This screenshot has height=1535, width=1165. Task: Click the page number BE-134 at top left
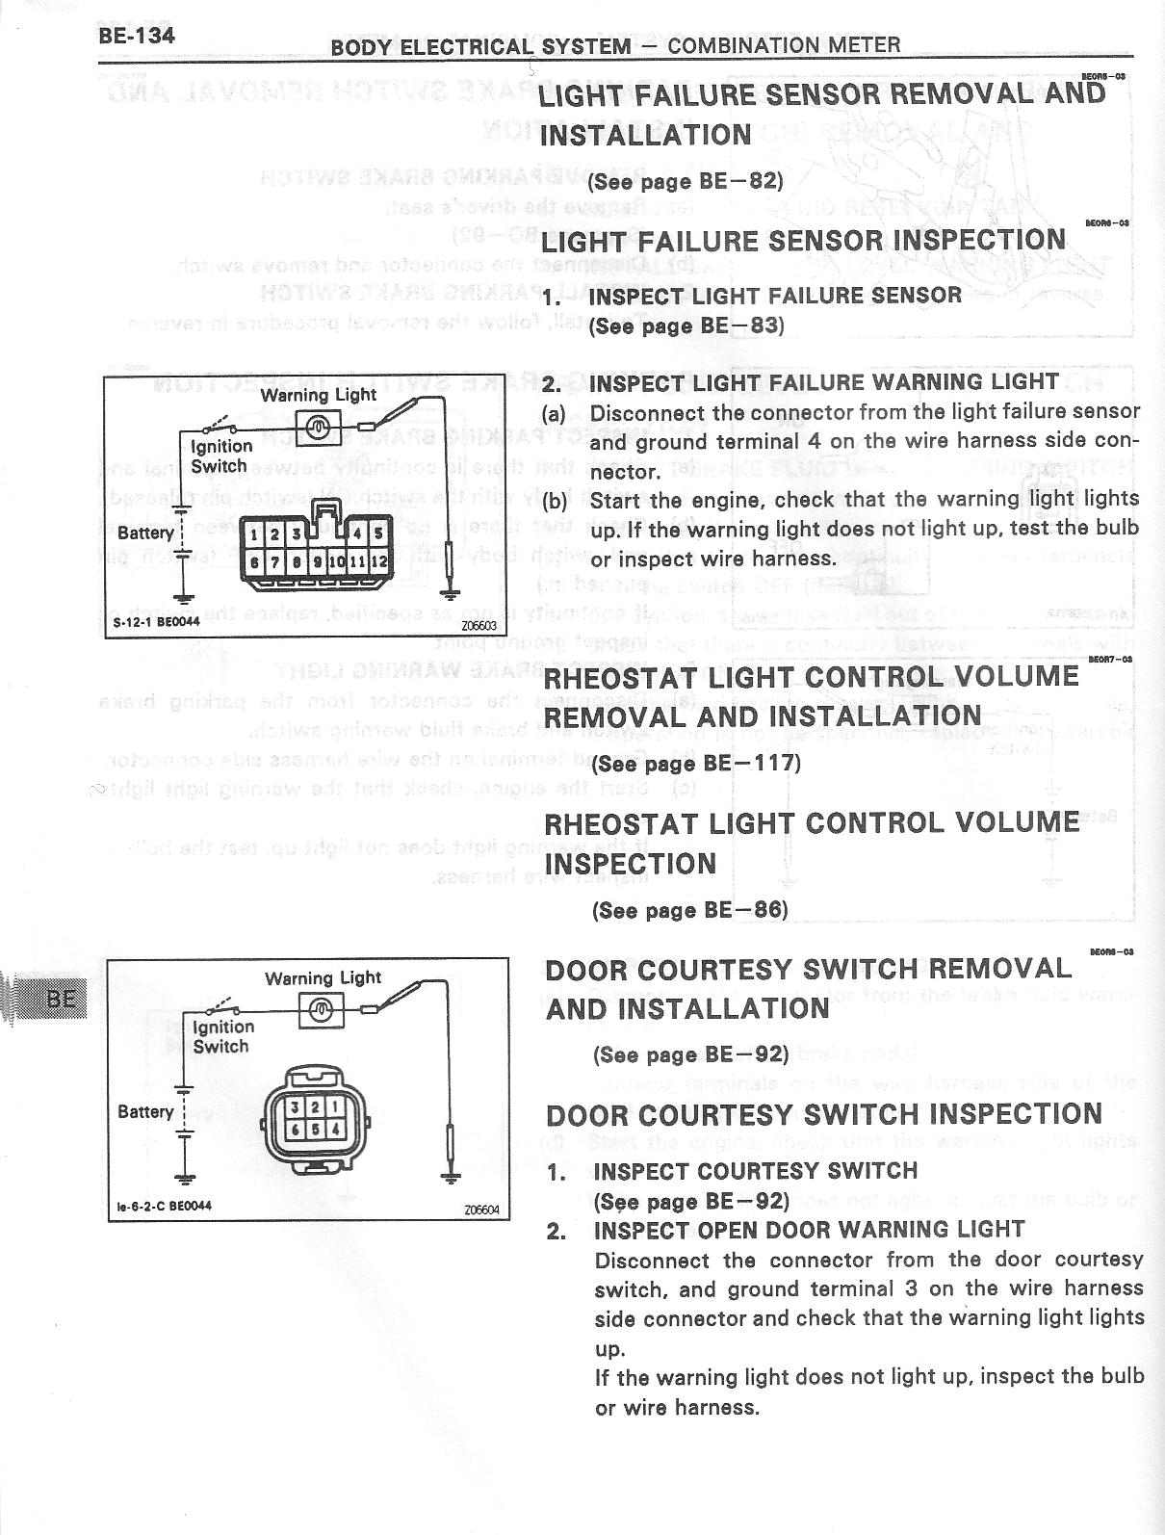coord(136,37)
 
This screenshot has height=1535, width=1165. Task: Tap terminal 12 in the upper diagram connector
coord(379,560)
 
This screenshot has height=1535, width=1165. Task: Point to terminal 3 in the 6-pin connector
coord(297,1109)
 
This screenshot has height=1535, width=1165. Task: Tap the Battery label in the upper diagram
coord(145,533)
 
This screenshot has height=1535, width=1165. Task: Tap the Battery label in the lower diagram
coord(145,1111)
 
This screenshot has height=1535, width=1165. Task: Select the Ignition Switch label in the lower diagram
coord(222,1036)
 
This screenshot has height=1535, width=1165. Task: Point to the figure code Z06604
coord(480,1210)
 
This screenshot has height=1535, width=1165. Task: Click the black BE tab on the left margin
coord(60,998)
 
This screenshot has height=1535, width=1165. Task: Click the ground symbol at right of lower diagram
coord(450,1174)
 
